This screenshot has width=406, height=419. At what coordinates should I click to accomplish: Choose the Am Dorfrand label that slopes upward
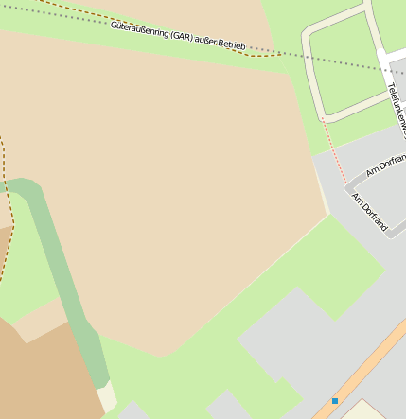[x=385, y=166]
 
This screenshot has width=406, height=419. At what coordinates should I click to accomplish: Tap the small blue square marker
[x=335, y=401]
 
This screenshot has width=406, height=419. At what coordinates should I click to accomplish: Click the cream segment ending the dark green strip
[x=108, y=397]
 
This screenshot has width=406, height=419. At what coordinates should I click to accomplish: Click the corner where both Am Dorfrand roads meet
[x=347, y=184]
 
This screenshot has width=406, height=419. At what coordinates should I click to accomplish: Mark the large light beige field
[x=170, y=189]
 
